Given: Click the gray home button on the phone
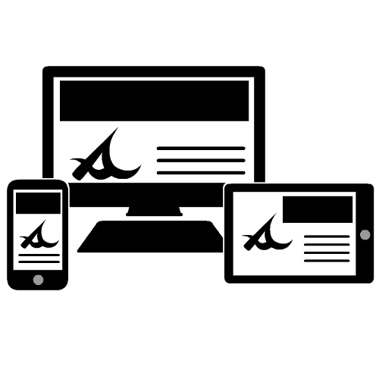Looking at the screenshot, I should click(37, 280).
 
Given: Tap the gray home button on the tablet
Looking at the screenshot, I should click(365, 234).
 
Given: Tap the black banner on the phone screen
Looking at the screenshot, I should click(38, 202).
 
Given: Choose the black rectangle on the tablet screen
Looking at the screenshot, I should click(317, 209).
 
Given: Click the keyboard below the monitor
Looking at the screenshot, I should click(152, 237).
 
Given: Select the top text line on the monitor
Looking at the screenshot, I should click(200, 149).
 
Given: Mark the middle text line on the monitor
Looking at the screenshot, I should click(200, 161).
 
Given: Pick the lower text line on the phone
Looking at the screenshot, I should click(39, 262).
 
